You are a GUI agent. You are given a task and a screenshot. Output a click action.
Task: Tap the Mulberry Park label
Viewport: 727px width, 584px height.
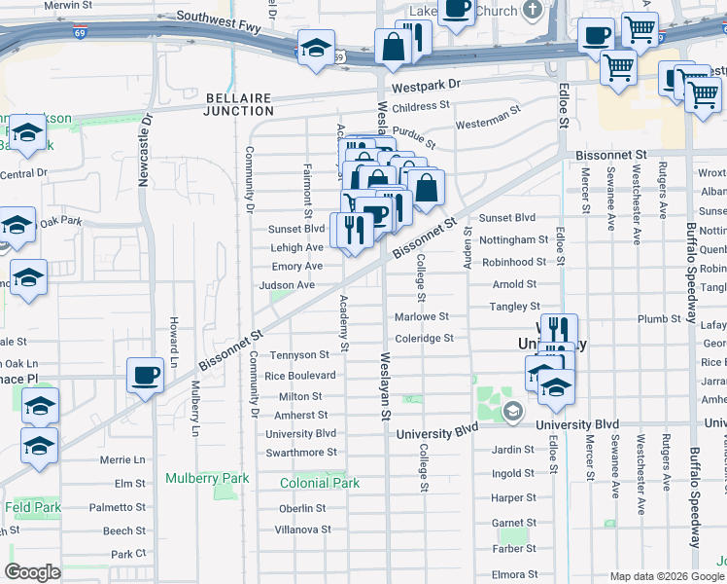pos(207,478)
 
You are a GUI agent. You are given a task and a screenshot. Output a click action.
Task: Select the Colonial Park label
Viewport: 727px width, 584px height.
pos(320,483)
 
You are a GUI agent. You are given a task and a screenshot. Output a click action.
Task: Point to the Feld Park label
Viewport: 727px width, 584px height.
pos(31,507)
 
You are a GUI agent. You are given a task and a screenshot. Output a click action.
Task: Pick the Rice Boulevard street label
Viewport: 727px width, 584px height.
pos(300,376)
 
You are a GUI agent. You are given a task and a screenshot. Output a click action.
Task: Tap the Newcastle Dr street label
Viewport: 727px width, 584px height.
pos(145,152)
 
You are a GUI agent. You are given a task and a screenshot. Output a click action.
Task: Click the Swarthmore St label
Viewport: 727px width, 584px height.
pos(301,453)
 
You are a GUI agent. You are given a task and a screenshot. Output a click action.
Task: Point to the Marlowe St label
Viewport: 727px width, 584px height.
pos(422,316)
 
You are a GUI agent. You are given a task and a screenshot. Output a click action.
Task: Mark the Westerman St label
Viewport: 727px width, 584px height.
pos(489,120)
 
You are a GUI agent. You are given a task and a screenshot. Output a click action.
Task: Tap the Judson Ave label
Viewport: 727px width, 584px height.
pos(287,285)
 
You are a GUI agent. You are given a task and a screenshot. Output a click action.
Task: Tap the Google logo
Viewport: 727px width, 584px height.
pos(33,572)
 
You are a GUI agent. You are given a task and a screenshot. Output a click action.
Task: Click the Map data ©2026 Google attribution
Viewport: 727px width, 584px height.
pos(667,576)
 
